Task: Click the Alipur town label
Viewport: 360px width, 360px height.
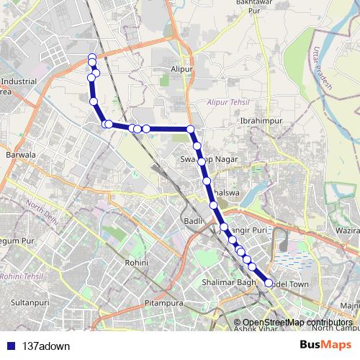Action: (x=183, y=69)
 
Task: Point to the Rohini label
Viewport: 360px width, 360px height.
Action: (x=136, y=264)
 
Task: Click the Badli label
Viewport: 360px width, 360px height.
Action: (x=192, y=221)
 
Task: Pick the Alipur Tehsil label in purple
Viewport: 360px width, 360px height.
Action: (x=228, y=103)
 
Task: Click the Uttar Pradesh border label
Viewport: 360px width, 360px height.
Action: (x=320, y=65)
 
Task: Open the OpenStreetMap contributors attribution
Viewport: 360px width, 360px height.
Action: (x=297, y=322)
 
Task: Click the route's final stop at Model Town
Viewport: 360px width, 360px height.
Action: (x=269, y=284)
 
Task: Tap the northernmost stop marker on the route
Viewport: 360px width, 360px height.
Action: (x=91, y=57)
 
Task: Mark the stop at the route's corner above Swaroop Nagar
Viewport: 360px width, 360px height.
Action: (x=191, y=130)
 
